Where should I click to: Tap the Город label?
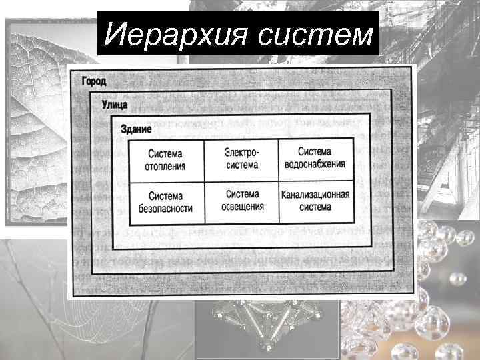pyautogui.click(x=98, y=81)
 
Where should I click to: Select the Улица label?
pyautogui.click(x=115, y=105)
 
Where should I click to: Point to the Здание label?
pyautogui.click(x=136, y=127)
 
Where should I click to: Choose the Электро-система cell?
pyautogui.click(x=241, y=159)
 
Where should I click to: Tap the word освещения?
pyautogui.click(x=242, y=207)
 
